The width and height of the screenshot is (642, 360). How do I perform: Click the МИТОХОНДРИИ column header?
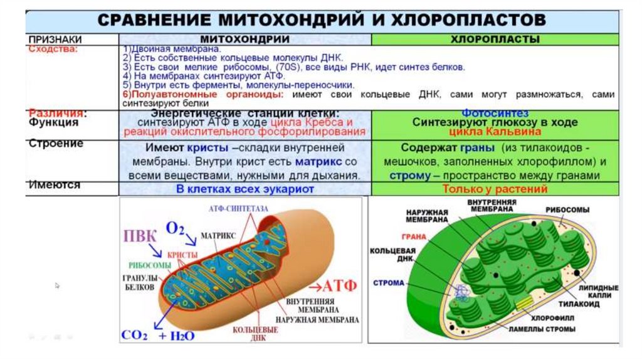[245, 39]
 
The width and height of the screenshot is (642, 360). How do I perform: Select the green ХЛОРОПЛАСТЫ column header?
[495, 39]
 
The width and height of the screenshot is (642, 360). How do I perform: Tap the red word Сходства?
[53, 48]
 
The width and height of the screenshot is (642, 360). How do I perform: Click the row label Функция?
[54, 122]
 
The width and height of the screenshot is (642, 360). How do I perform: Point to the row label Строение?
[56, 144]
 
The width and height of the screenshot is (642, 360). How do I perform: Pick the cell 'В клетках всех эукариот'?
[245, 189]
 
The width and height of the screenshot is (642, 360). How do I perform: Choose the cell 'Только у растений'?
[495, 189]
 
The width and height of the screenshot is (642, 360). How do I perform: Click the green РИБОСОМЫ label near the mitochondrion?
[150, 265]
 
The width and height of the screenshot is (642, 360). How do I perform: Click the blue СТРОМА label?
[389, 283]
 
